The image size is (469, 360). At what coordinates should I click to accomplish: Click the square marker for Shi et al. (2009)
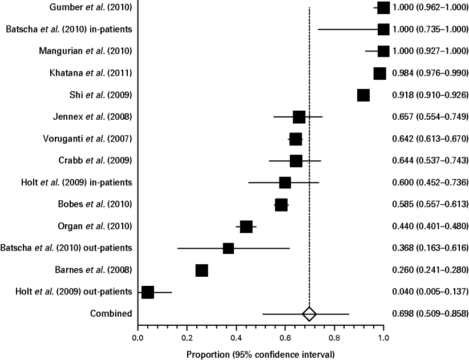pyautogui.click(x=363, y=95)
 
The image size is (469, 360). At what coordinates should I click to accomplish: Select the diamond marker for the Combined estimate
pyautogui.click(x=309, y=314)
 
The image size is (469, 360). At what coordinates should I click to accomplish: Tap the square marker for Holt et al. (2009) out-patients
pyautogui.click(x=147, y=292)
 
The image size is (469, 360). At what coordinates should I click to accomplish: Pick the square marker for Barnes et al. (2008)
pyautogui.click(x=201, y=270)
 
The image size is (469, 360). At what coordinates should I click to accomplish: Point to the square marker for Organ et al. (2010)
pyautogui.click(x=246, y=227)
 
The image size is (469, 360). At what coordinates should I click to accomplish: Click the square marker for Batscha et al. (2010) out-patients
pyautogui.click(x=228, y=249)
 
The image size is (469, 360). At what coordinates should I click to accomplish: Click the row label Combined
pyautogui.click(x=111, y=313)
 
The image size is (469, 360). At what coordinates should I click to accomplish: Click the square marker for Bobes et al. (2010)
pyautogui.click(x=281, y=205)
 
